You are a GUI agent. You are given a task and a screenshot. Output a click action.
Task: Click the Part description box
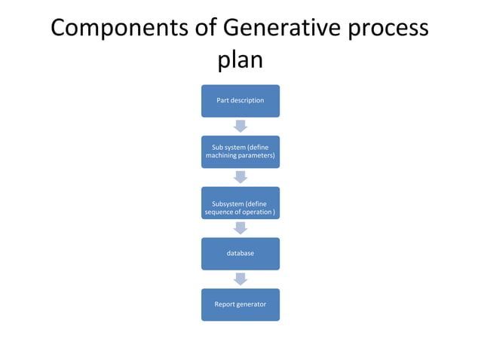point(240,101)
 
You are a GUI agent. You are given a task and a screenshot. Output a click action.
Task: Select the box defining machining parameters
point(240,152)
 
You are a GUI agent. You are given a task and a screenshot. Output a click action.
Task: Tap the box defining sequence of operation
point(240,203)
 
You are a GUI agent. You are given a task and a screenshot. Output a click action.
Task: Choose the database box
point(240,254)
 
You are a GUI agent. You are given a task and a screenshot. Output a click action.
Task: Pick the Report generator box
point(240,304)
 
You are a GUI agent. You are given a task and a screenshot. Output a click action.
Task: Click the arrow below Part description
point(240,126)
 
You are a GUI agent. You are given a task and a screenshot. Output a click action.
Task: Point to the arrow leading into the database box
point(240,228)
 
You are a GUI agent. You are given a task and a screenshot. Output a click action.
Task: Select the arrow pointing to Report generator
point(240,279)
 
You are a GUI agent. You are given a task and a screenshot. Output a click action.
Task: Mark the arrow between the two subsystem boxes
point(240,177)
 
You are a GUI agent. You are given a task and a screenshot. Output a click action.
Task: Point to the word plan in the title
point(240,60)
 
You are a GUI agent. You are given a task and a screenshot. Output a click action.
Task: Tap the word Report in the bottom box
point(225,304)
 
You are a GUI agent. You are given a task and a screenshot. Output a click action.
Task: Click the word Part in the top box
point(224,101)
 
